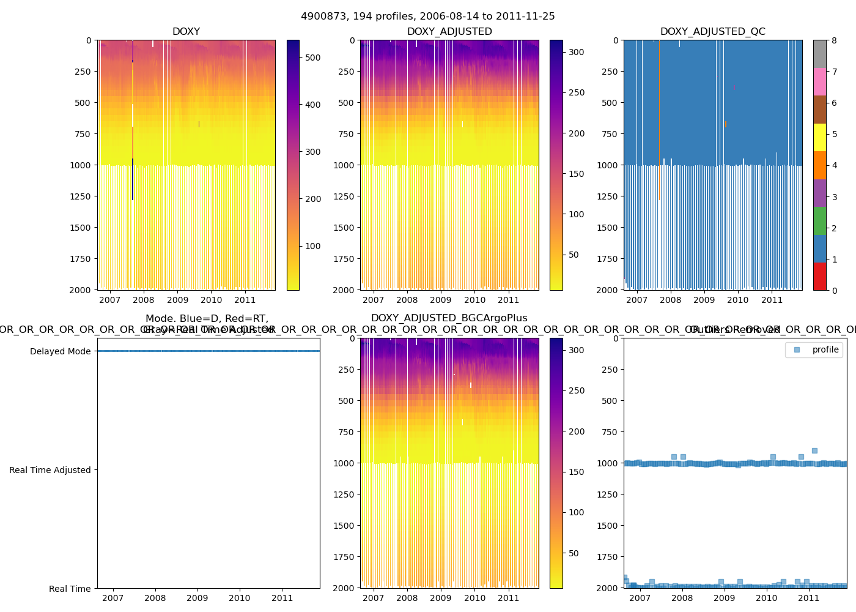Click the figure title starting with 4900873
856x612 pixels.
coord(428,17)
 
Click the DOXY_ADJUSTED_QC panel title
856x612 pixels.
coord(712,32)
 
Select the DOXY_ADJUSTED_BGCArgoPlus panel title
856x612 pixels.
coord(449,318)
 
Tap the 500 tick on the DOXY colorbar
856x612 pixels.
coord(312,58)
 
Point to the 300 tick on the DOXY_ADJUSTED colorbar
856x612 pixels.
coord(576,53)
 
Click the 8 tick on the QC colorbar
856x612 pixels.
coord(834,40)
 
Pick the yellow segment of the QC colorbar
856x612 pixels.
coord(819,137)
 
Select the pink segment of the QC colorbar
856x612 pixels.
coord(819,81)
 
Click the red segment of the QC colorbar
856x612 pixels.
coord(819,276)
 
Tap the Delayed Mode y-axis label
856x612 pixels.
coord(60,351)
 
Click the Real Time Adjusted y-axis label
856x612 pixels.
coord(50,470)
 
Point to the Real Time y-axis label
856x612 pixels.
coord(70,589)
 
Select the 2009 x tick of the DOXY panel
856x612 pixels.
coord(177,300)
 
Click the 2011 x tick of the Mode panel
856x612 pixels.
coord(282,598)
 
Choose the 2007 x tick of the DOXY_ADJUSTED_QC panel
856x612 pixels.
coord(636,300)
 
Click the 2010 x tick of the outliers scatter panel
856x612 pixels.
coord(766,598)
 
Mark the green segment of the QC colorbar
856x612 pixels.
coord(819,220)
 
